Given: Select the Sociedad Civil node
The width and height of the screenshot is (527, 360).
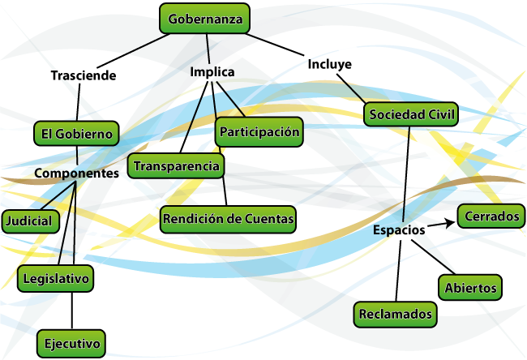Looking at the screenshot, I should [411, 114].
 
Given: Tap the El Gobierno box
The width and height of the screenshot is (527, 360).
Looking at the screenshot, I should [77, 133].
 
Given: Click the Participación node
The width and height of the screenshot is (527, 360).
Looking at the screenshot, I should [259, 131].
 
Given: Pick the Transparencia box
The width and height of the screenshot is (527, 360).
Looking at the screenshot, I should [177, 166].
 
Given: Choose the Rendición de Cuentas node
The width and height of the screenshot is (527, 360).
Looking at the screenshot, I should [228, 219].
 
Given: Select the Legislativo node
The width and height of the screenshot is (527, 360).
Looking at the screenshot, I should [55, 278].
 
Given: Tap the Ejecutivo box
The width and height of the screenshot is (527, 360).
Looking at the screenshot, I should [71, 343].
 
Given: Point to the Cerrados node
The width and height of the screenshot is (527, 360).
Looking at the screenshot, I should [490, 216].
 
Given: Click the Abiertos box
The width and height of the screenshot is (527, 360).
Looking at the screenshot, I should [470, 287].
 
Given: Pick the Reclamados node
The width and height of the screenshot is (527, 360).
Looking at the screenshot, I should [396, 314].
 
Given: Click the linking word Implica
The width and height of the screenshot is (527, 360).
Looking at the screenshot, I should [212, 72].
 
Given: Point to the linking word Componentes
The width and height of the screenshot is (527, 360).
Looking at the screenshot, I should [76, 173].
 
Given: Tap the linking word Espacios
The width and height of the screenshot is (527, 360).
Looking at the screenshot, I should [399, 230].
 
